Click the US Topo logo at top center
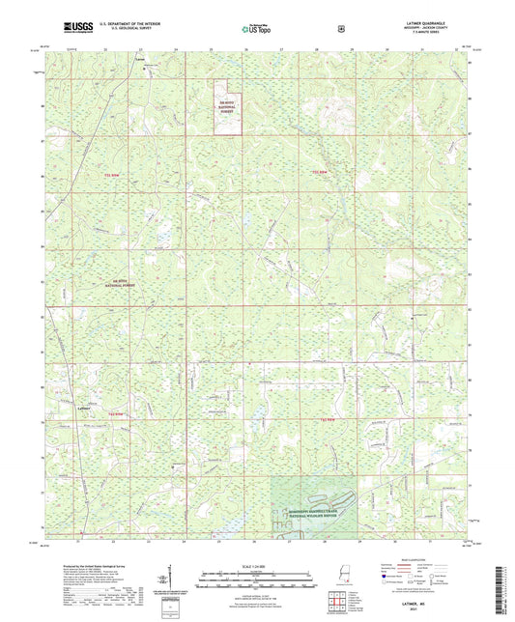tap(256, 29)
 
